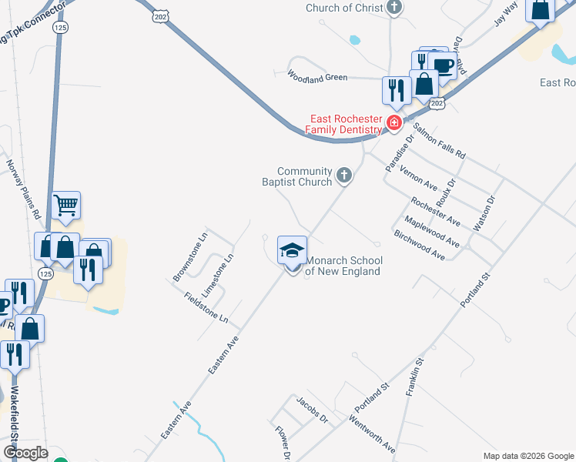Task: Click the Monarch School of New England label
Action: (x=343, y=266)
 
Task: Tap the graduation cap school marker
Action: (x=292, y=249)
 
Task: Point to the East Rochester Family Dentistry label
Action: (x=346, y=124)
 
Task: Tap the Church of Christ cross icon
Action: (x=394, y=8)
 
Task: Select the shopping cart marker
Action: (x=66, y=206)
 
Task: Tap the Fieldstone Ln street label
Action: (x=201, y=307)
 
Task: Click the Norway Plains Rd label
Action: (x=23, y=189)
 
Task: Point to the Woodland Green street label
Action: (x=317, y=76)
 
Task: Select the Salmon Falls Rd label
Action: (x=439, y=141)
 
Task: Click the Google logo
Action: (x=25, y=453)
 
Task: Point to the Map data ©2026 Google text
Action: (x=527, y=456)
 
